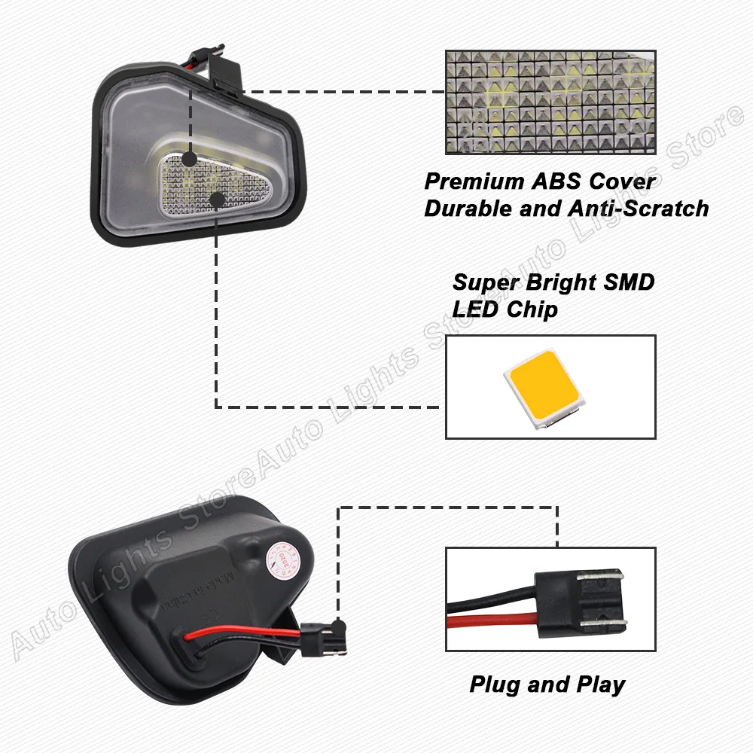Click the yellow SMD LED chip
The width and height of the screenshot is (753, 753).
[x=544, y=387]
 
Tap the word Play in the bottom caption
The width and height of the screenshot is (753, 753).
[x=599, y=684]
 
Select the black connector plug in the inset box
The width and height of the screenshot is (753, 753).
[x=580, y=602]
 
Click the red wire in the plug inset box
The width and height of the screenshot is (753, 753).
[x=489, y=622]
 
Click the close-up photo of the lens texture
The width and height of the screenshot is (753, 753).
[x=550, y=102]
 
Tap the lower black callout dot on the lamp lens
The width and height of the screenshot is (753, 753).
[x=218, y=199]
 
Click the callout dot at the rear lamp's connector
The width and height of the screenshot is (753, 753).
[x=340, y=624]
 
